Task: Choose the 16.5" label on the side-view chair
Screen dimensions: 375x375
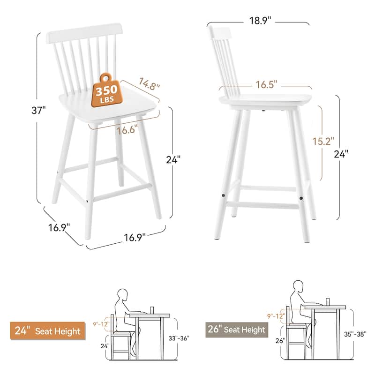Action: coord(266,84)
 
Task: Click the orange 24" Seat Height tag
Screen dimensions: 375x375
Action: coord(47,331)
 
